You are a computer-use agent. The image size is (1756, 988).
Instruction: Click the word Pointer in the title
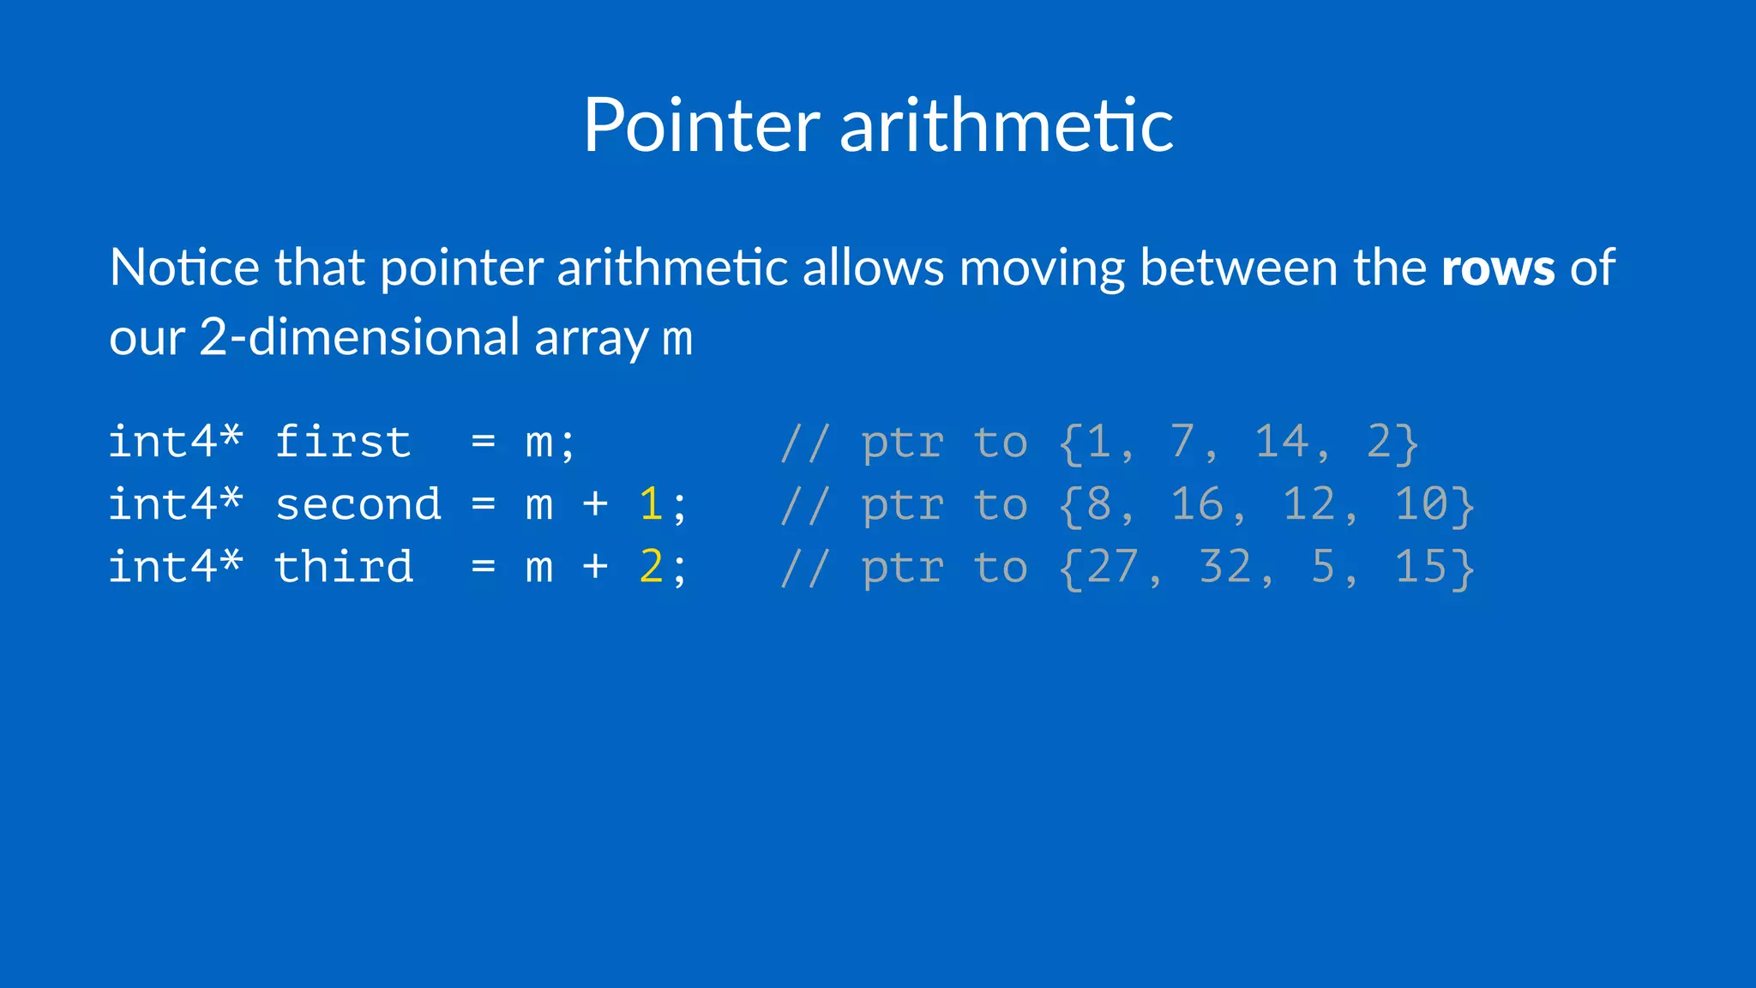tap(701, 126)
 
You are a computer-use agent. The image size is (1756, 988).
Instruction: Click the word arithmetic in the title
tap(1006, 126)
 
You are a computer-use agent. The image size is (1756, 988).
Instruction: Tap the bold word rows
tap(1497, 268)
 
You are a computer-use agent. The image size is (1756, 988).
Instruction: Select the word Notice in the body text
tap(184, 268)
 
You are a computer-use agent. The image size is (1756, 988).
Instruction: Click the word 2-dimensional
tap(359, 337)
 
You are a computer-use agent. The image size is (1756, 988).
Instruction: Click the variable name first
tap(343, 443)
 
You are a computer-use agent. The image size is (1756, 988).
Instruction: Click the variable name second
tap(358, 505)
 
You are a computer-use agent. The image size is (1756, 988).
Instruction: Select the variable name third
tap(343, 568)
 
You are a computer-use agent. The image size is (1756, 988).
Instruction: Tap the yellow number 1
tap(651, 504)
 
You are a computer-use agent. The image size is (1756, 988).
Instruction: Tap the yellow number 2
tap(651, 567)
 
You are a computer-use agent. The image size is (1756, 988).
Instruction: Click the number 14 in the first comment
tap(1281, 443)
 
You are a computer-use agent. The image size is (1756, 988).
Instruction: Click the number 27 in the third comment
tap(1113, 568)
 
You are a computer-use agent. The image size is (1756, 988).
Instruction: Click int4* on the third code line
tap(176, 568)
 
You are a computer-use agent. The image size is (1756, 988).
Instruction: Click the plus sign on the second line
tap(595, 505)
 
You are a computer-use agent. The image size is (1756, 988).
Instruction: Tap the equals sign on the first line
tap(484, 443)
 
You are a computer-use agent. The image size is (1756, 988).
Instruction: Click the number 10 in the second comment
tap(1421, 505)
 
